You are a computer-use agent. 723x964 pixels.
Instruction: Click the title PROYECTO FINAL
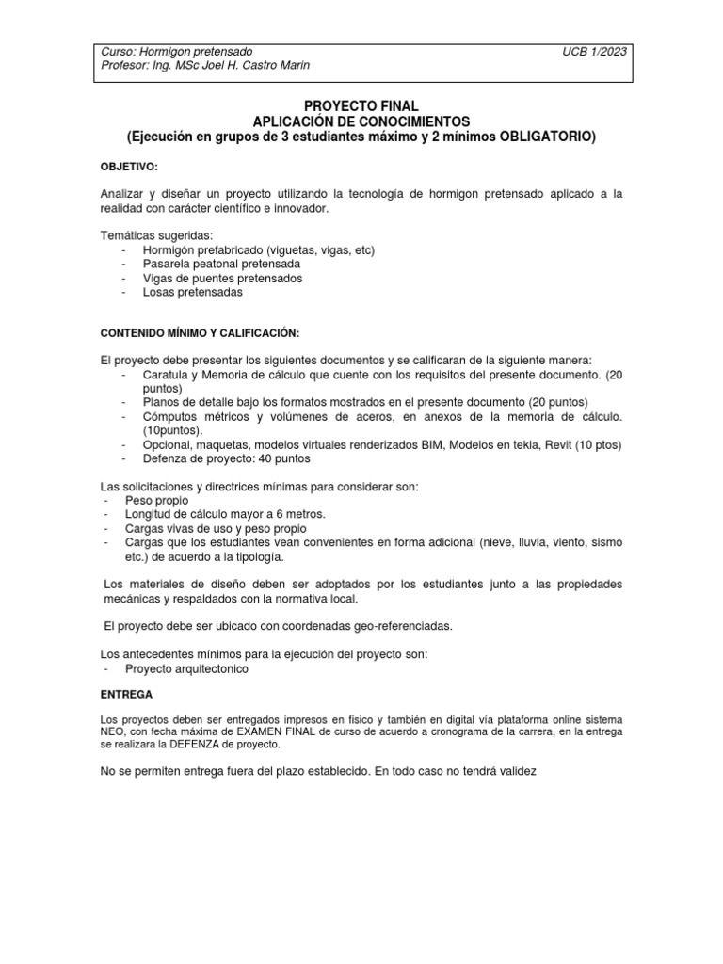click(x=362, y=107)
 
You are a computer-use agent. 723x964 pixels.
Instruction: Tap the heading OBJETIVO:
click(x=131, y=166)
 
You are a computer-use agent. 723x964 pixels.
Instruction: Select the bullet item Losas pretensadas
click(x=192, y=292)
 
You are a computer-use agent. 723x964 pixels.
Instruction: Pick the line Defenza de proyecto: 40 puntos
click(x=226, y=458)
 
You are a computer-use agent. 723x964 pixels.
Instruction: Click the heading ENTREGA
click(x=126, y=691)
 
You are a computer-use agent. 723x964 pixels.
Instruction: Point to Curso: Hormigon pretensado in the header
click(x=176, y=50)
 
